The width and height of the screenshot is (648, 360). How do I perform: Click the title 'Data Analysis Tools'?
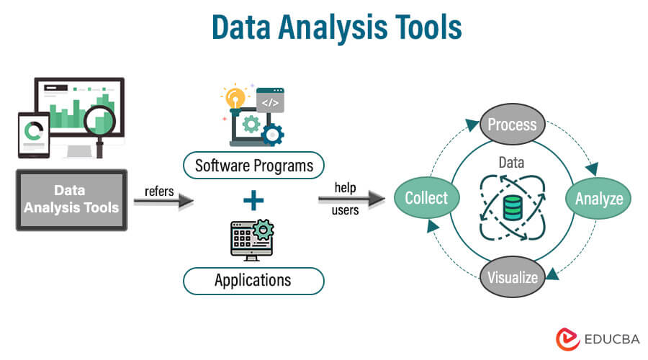pos(324,28)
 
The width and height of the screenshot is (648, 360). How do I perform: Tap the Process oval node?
pos(512,124)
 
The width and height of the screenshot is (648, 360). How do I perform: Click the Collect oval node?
pos(426,198)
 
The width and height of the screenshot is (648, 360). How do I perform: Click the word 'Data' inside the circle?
pos(511,163)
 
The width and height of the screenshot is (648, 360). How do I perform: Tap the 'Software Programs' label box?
pos(254,166)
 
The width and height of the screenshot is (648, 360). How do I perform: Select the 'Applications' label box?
pos(253,279)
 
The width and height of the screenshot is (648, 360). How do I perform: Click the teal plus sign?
pos(253,201)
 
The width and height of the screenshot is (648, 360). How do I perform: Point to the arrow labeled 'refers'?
pos(164,202)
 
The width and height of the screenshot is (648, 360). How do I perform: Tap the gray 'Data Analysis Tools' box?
pos(71,200)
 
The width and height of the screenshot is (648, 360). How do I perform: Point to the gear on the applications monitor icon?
pos(264,230)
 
